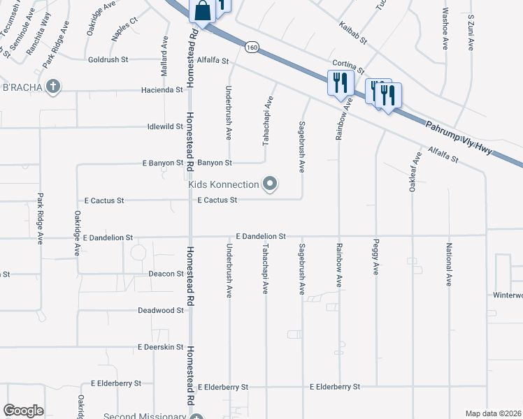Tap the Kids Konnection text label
[224, 184]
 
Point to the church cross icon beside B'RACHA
[53, 87]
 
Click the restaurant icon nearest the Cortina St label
[338, 82]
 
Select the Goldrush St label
[107, 60]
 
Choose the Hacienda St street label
[162, 90]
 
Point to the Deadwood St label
[160, 310]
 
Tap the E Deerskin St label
[160, 347]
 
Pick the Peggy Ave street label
[376, 260]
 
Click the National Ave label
[449, 263]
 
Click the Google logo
[23, 411]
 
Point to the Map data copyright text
[493, 413]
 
